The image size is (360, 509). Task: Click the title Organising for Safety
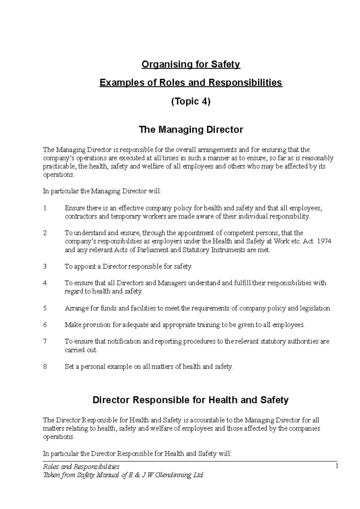pyautogui.click(x=191, y=64)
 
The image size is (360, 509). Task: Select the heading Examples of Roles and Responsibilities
pyautogui.click(x=191, y=82)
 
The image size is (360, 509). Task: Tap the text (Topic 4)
pyautogui.click(x=191, y=102)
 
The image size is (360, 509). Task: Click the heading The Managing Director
pyautogui.click(x=191, y=130)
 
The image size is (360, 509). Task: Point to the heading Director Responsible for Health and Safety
pyautogui.click(x=190, y=400)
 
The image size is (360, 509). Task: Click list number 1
pyautogui.click(x=45, y=208)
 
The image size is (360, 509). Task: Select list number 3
pyautogui.click(x=45, y=266)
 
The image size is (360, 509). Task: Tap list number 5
pyautogui.click(x=45, y=308)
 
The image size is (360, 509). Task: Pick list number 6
pyautogui.click(x=45, y=325)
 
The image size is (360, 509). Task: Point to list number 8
pyautogui.click(x=45, y=366)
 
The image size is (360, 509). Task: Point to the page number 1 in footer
pyautogui.click(x=337, y=466)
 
